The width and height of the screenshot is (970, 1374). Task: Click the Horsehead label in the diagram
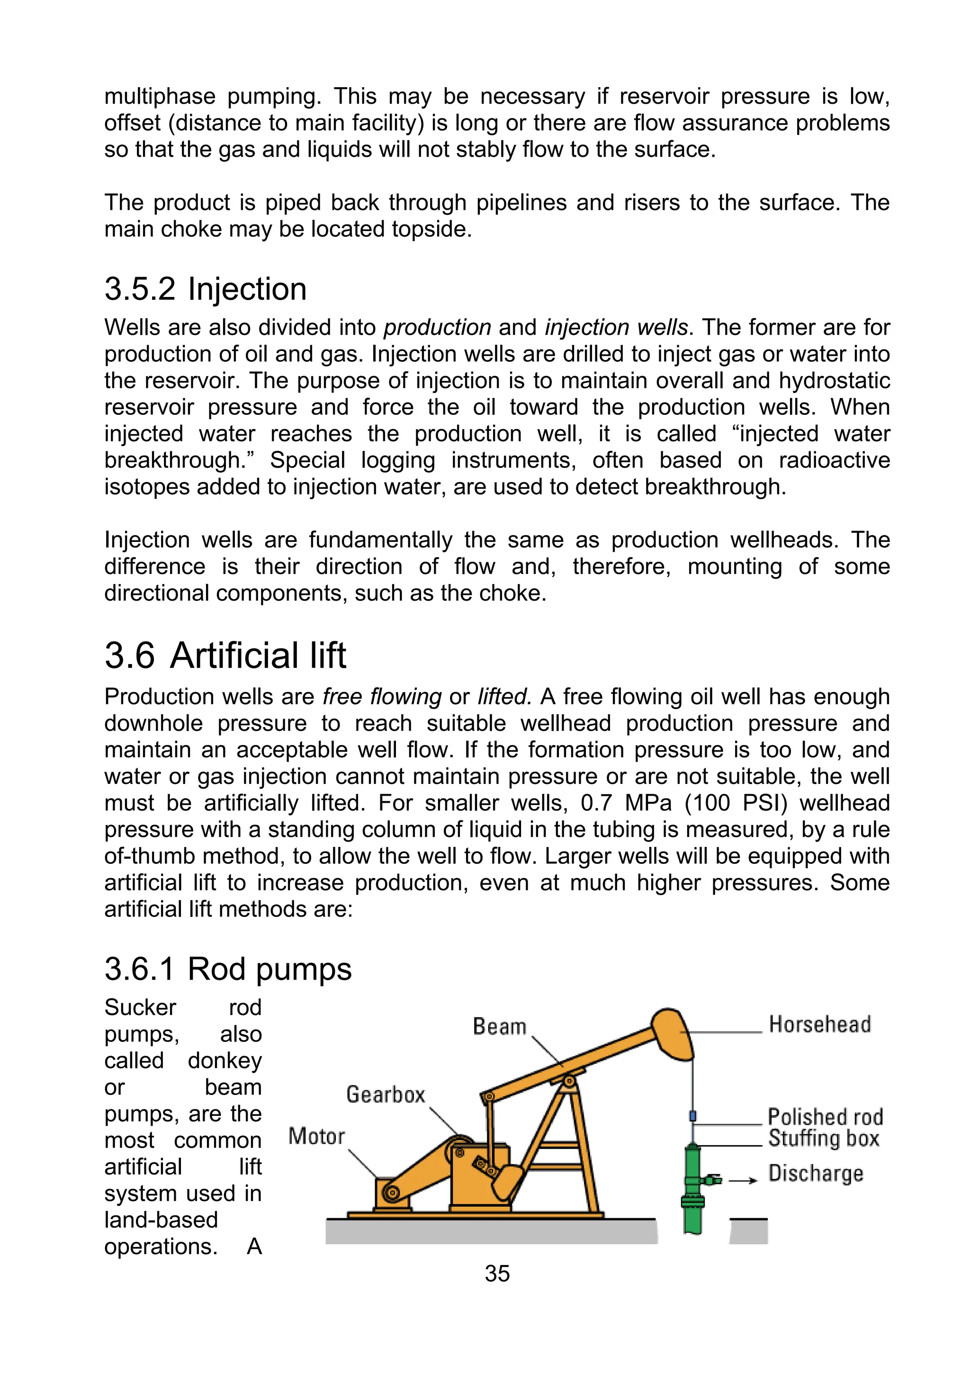point(819,1024)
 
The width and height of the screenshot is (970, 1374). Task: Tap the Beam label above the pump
point(499,1026)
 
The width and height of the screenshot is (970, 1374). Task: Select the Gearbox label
point(386,1095)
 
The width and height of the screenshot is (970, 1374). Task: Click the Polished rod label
point(825,1117)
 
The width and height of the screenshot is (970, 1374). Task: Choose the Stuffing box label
point(823,1138)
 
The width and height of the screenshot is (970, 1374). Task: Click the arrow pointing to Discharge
point(743,1181)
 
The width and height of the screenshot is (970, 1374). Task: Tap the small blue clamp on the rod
point(693,1116)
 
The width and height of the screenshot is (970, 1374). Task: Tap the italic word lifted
point(504,697)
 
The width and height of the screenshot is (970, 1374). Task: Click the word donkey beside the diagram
point(225,1060)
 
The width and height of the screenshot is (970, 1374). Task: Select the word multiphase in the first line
point(160,96)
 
